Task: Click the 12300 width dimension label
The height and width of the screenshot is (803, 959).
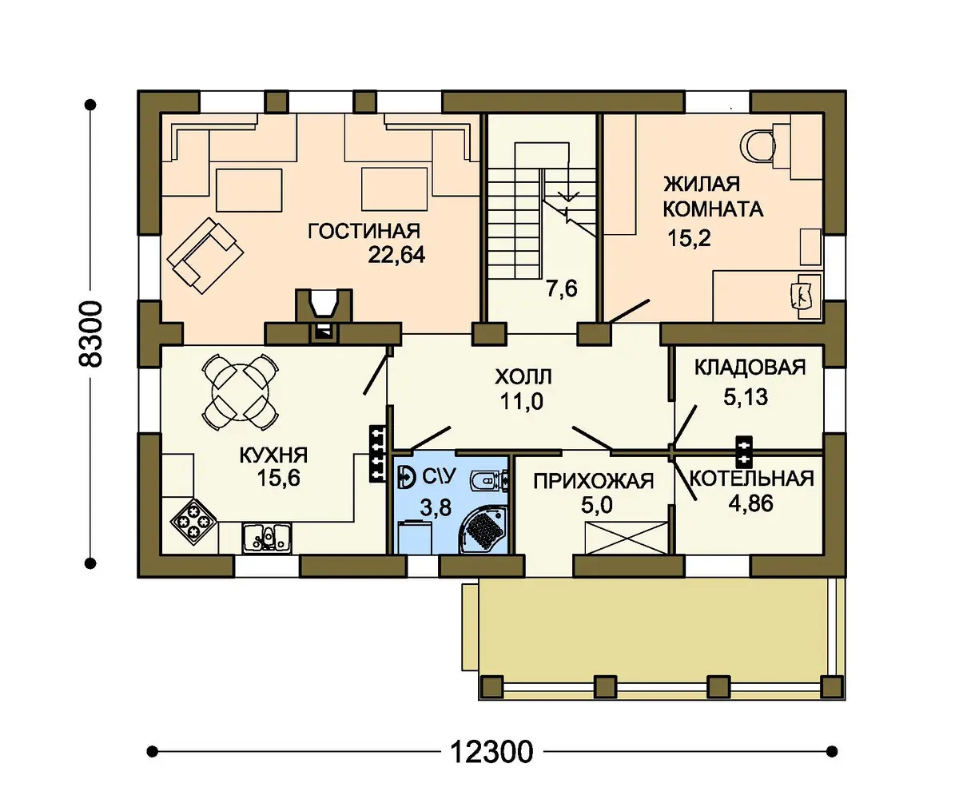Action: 491,752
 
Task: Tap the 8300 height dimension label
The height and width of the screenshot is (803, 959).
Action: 90,334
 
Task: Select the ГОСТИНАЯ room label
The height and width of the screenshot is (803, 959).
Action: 364,231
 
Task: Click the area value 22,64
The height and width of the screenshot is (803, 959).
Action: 396,255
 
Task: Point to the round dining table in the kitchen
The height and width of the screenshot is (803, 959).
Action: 241,392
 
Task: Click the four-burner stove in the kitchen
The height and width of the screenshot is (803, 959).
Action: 193,522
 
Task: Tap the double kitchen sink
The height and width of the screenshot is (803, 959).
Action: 266,538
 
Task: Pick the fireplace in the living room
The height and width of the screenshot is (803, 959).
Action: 324,316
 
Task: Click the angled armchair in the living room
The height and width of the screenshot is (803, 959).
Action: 205,255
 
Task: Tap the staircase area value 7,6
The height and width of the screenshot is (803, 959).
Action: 562,288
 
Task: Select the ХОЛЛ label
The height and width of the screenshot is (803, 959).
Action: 523,376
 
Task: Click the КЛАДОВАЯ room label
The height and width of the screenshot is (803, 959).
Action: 750,368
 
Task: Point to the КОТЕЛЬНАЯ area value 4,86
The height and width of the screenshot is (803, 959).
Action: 751,503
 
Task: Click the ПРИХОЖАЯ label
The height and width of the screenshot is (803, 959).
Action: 594,481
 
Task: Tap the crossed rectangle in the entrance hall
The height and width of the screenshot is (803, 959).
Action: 626,538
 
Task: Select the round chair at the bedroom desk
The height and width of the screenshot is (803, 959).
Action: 758,146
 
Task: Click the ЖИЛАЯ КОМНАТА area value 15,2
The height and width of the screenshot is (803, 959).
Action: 689,238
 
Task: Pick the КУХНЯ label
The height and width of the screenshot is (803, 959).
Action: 274,455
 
